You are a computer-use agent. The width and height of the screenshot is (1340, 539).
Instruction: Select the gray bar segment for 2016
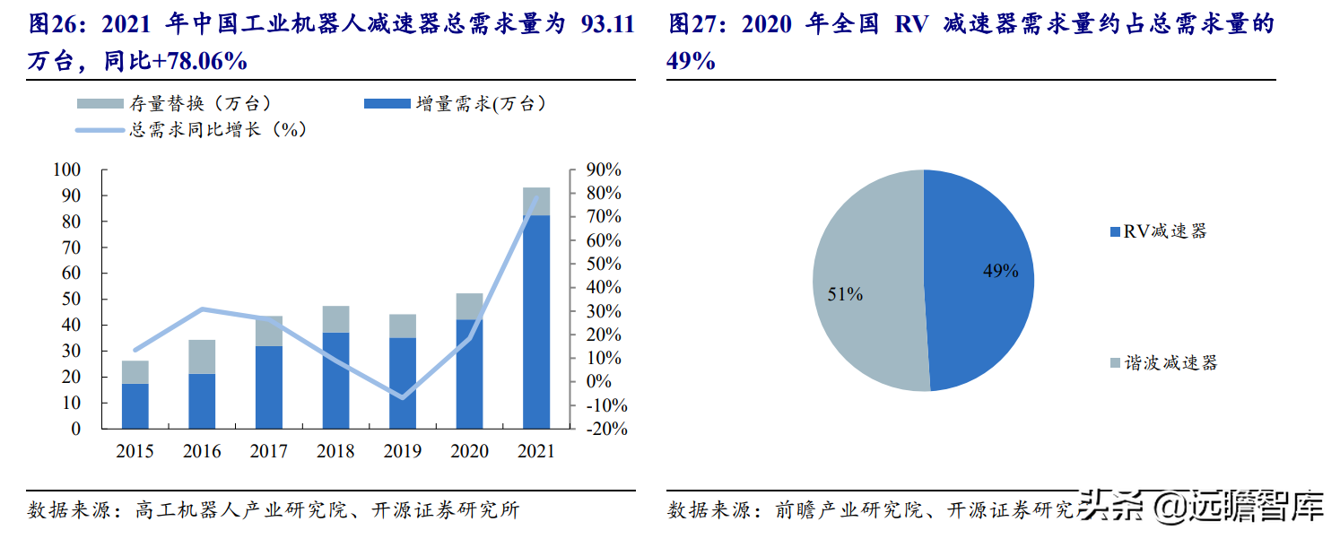pos(202,357)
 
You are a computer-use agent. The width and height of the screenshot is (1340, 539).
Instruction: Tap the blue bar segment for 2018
pos(335,380)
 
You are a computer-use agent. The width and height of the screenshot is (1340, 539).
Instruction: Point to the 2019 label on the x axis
pos(403,451)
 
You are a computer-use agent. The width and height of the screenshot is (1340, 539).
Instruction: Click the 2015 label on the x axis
pos(135,451)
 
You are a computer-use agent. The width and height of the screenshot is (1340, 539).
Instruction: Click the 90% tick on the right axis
pos(605,170)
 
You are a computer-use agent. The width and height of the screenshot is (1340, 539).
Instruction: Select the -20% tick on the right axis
pos(605,429)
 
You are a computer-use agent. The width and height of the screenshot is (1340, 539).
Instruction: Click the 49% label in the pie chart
pos(999,271)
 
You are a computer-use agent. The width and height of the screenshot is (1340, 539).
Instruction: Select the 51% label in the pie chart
pos(845,294)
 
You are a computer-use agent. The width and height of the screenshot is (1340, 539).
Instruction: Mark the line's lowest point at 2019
pos(403,397)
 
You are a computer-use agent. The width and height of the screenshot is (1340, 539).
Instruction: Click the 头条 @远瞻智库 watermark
pos(1202,508)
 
